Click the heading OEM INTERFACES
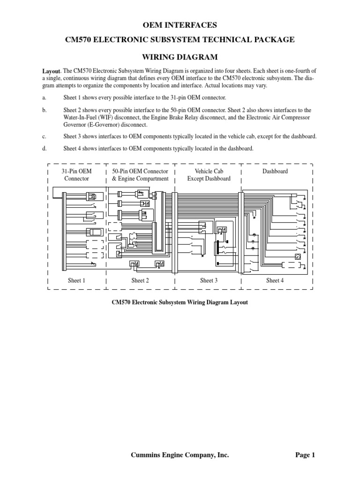click(180, 24)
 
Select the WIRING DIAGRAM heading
click(180, 57)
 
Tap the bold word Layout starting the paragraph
click(52, 71)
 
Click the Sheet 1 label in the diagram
click(76, 281)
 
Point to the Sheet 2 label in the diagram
click(140, 281)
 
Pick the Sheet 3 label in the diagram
click(209, 281)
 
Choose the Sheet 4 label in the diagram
click(275, 281)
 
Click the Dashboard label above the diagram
click(275, 172)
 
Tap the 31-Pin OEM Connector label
click(76, 175)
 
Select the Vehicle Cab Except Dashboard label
click(209, 175)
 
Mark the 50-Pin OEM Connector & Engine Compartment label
click(140, 175)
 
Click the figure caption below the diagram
click(180, 302)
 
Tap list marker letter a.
click(44, 97)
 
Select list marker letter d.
click(44, 149)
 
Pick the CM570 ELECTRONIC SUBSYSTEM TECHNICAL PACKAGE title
click(180, 40)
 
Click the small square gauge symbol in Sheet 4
click(297, 256)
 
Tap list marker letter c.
click(44, 136)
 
